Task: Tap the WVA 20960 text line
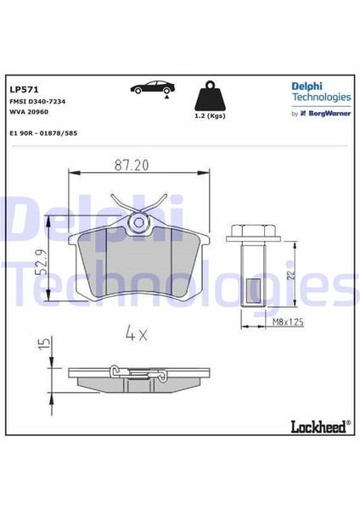tap(31, 111)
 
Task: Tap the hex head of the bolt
tap(252, 232)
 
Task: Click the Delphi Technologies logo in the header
tap(321, 91)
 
